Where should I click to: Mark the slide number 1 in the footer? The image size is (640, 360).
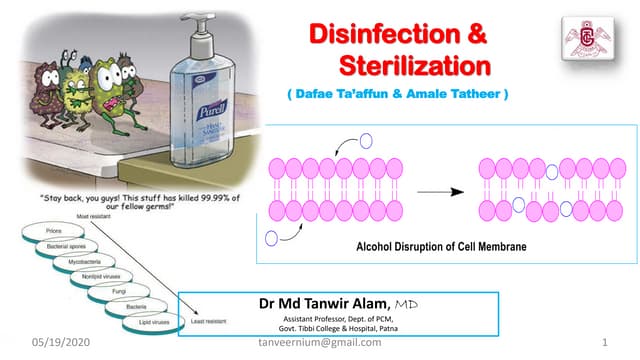tap(607, 343)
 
